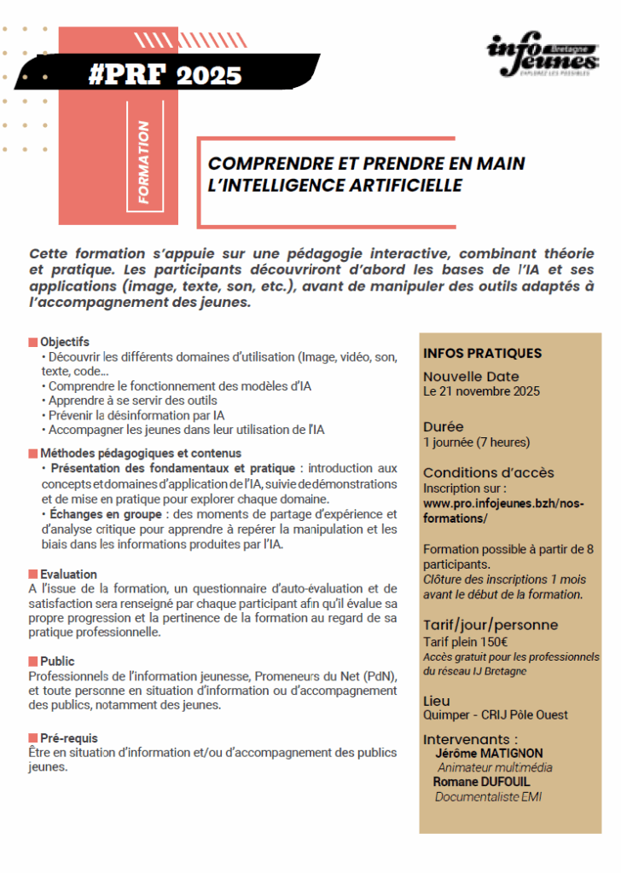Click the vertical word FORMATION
143,162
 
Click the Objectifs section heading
64,342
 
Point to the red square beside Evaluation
32,575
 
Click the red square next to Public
32,662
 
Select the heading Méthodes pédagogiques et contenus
140,453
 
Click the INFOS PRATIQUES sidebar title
482,353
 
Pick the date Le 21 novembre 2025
481,391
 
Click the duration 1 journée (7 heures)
476,442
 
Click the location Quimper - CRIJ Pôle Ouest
495,714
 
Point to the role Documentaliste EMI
488,797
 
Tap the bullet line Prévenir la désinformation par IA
136,415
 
